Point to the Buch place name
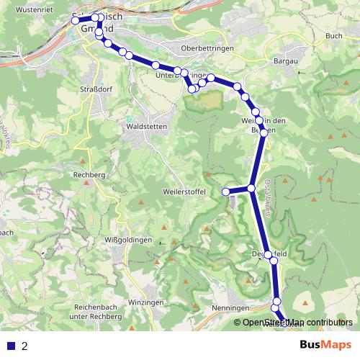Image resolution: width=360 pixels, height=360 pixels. coord(333,35)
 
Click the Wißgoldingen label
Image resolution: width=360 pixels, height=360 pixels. coord(127,239)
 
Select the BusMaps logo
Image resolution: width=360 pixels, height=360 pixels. coord(325,345)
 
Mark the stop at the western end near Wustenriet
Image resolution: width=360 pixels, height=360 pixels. coord(76,21)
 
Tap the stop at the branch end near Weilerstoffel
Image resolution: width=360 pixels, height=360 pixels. coord(225,192)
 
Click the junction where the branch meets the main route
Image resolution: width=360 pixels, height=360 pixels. coord(251,189)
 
